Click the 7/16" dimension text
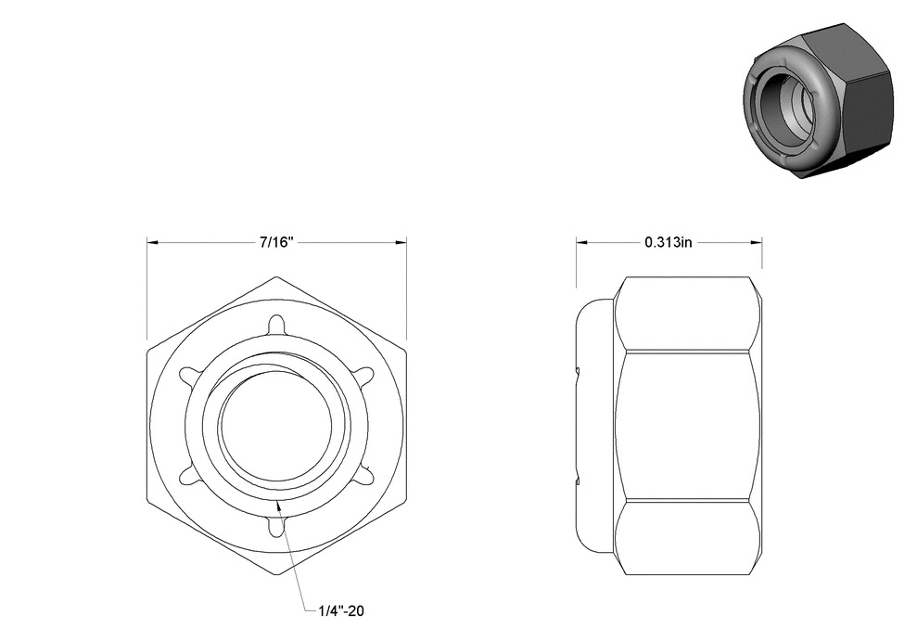click(x=276, y=242)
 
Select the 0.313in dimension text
click(x=669, y=242)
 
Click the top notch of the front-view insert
click(x=276, y=324)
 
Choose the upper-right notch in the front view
click(x=363, y=375)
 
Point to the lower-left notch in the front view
click(x=189, y=476)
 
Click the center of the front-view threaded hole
click(x=276, y=424)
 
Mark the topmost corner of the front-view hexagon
click(x=276, y=276)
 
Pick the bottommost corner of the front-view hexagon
click(x=276, y=575)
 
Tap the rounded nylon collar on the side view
click(x=595, y=426)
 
